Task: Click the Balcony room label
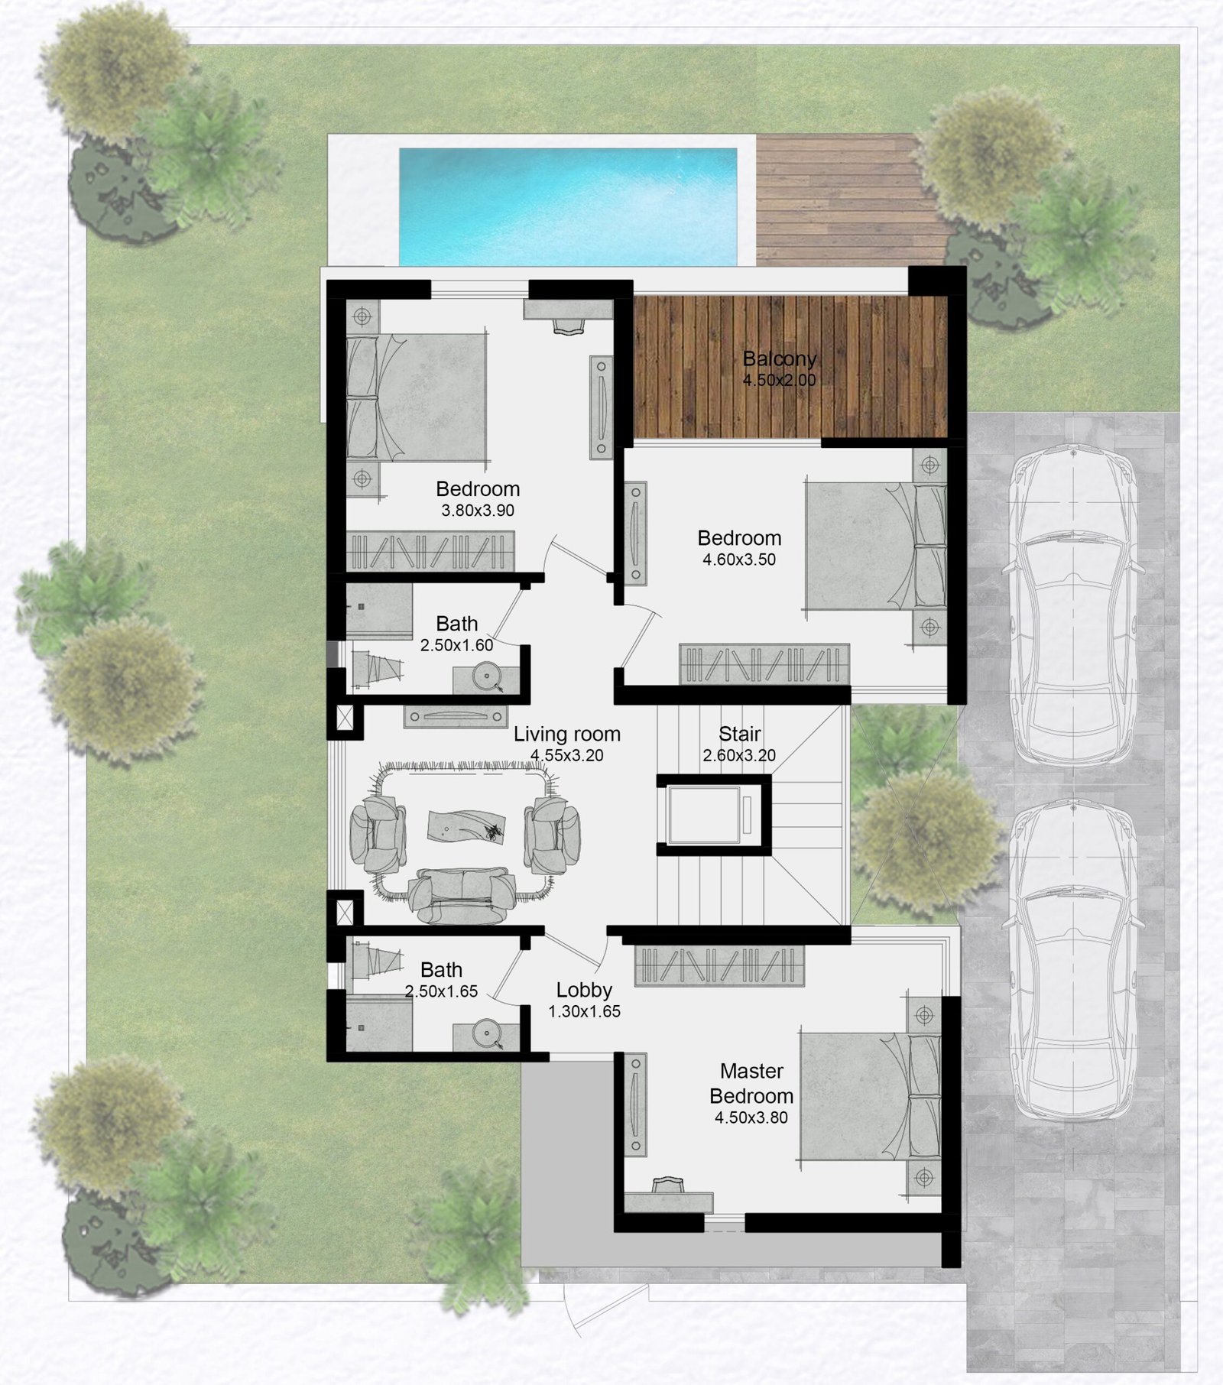pyautogui.click(x=779, y=358)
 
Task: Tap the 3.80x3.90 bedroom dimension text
pyautogui.click(x=478, y=511)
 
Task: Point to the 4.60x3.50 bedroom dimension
pyautogui.click(x=739, y=560)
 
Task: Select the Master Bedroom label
pyautogui.click(x=751, y=1083)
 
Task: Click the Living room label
pyautogui.click(x=566, y=734)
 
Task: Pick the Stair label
pyautogui.click(x=739, y=734)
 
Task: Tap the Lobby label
pyautogui.click(x=584, y=990)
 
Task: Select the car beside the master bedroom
pyautogui.click(x=1073, y=962)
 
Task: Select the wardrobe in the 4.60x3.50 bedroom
pyautogui.click(x=764, y=664)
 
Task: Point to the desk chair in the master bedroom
pyautogui.click(x=669, y=1186)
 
